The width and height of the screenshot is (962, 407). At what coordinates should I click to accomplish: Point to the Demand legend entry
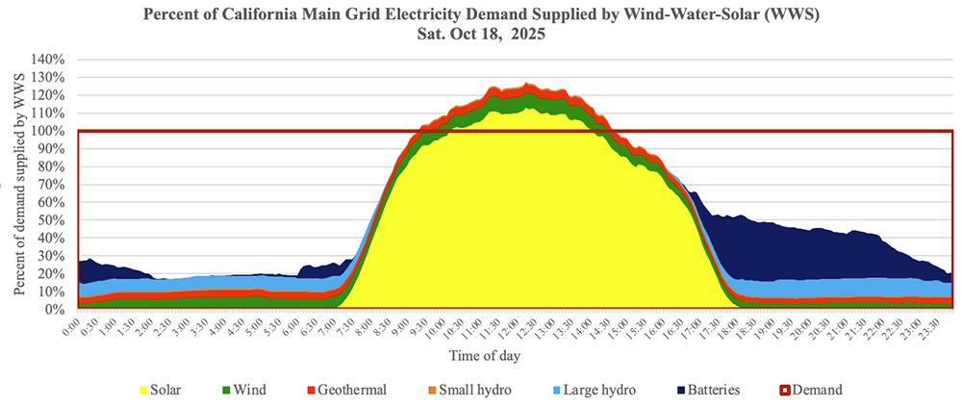point(809,390)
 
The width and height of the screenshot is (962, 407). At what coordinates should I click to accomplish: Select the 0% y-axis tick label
point(59,310)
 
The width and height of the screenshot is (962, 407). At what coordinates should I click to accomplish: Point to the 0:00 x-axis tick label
point(73,327)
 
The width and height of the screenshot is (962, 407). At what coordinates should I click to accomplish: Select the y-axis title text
point(18,184)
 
